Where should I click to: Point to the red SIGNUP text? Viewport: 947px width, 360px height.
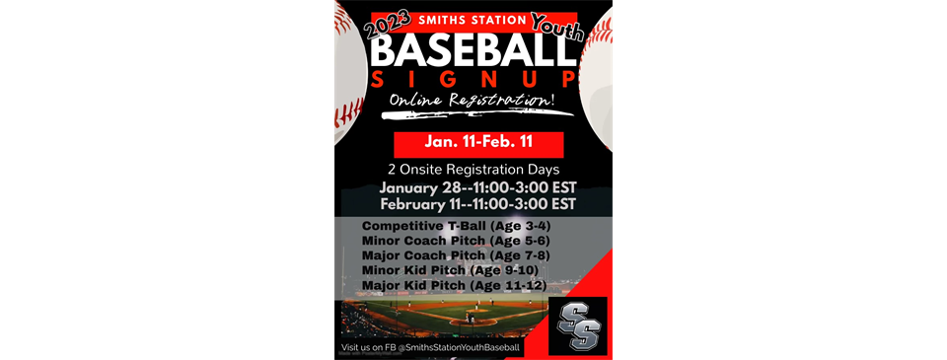[x=473, y=78]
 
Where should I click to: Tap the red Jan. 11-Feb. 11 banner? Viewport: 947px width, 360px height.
[x=478, y=143]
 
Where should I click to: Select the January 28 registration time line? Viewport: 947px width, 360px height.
[x=477, y=187]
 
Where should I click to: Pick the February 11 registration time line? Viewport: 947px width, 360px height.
[x=477, y=204]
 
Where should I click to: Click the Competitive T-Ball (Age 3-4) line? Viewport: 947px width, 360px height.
[x=449, y=226]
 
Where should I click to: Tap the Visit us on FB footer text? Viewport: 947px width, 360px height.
[x=430, y=348]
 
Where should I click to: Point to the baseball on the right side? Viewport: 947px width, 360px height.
[x=597, y=79]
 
